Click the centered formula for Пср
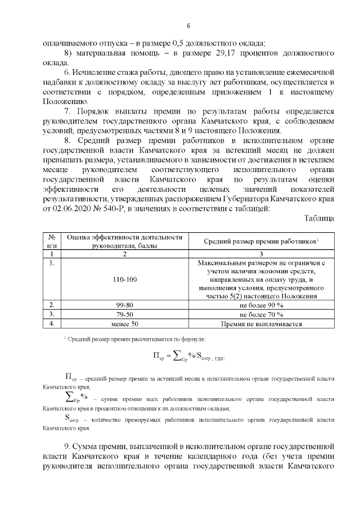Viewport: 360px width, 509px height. pos(188,356)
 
